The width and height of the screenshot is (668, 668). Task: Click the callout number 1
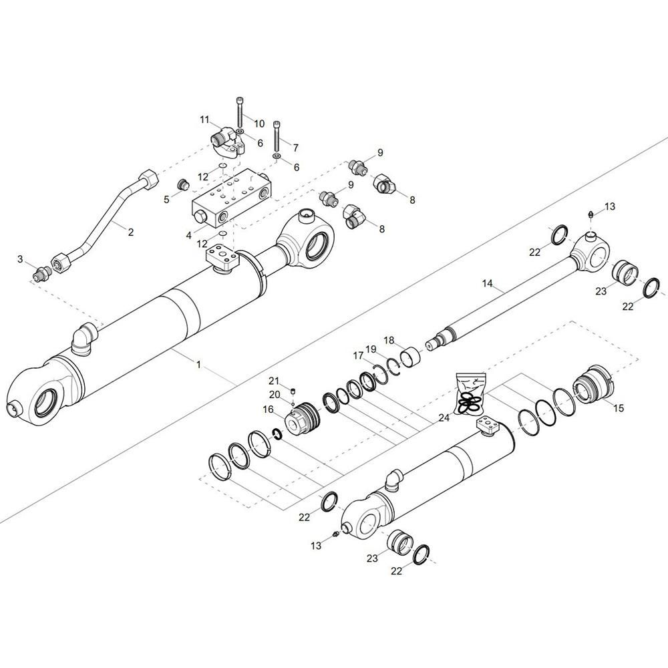198,365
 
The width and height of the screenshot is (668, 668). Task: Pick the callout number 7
296,148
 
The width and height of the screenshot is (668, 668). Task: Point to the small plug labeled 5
183,185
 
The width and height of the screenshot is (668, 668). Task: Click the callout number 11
205,120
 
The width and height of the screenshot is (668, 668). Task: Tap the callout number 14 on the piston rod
488,283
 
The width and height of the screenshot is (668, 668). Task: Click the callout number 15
618,408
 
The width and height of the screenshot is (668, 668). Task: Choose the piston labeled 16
301,418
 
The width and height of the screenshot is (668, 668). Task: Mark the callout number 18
389,341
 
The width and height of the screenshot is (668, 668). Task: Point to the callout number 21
273,381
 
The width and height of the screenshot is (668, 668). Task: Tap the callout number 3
20,259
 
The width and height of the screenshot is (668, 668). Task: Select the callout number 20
275,395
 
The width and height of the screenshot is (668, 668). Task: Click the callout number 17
357,355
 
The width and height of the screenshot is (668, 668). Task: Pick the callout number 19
371,349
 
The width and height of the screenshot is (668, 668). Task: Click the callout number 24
444,418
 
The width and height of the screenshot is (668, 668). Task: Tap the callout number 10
259,124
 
